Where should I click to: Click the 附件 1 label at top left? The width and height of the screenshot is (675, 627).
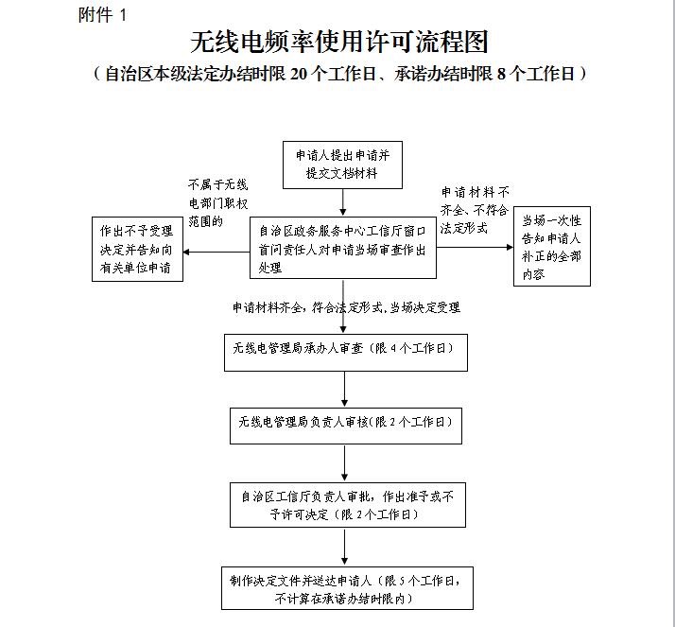click(x=102, y=15)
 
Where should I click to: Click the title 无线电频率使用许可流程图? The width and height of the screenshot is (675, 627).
click(x=339, y=42)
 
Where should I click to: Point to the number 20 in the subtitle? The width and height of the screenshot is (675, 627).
click(x=299, y=74)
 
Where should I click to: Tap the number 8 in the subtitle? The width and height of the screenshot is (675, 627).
click(x=501, y=74)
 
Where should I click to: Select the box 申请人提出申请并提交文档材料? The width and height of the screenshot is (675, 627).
click(x=342, y=165)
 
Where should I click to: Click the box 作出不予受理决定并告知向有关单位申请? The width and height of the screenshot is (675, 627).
click(x=137, y=250)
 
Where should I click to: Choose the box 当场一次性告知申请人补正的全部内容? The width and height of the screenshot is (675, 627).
click(x=552, y=246)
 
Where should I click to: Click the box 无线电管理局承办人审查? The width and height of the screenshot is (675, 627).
click(x=346, y=353)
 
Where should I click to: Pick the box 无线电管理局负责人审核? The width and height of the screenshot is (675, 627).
click(x=346, y=426)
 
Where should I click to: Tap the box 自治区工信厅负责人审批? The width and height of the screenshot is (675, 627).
click(x=348, y=505)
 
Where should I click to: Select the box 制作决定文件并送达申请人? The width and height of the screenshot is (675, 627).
click(x=347, y=588)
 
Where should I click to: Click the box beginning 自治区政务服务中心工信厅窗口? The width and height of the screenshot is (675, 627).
click(x=343, y=248)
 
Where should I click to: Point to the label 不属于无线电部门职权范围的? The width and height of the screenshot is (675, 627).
click(x=218, y=203)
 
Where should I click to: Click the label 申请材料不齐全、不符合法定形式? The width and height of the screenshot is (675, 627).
click(x=475, y=210)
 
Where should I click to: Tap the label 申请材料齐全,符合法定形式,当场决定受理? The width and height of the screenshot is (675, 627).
click(x=347, y=307)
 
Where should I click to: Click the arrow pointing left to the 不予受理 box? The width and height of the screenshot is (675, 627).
click(x=216, y=252)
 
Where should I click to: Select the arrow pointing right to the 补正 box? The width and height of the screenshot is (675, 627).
click(x=475, y=247)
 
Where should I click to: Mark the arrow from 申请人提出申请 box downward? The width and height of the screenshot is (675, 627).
click(x=342, y=202)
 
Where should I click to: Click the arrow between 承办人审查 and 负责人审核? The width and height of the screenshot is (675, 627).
click(x=344, y=390)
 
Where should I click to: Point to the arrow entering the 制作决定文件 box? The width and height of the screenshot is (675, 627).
click(x=344, y=547)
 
